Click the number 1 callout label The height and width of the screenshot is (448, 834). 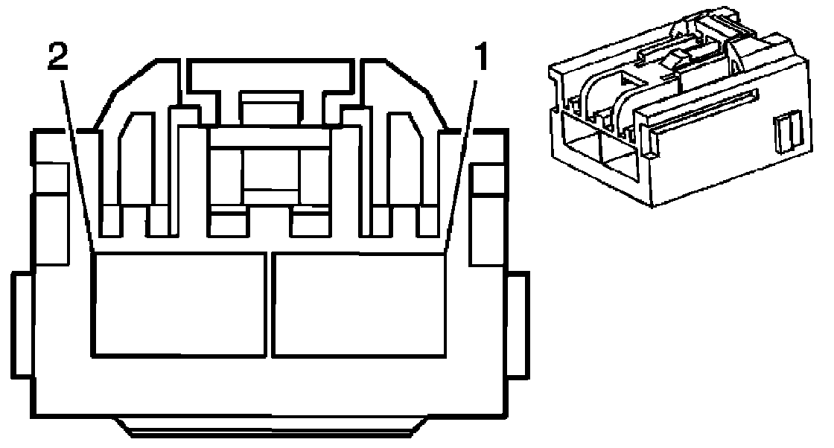pos(483,57)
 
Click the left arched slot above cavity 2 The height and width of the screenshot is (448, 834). pos(137,156)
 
